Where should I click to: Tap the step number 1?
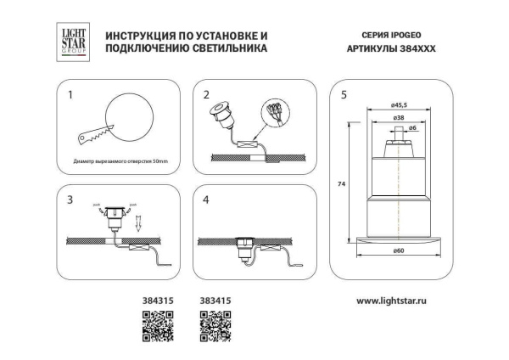point(71,94)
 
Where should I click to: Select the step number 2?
point(206,94)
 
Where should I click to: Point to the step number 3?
point(71,200)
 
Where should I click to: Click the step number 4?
point(206,200)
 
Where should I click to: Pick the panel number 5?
point(343,94)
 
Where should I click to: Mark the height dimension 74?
point(339,184)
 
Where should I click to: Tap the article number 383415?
point(214,300)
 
